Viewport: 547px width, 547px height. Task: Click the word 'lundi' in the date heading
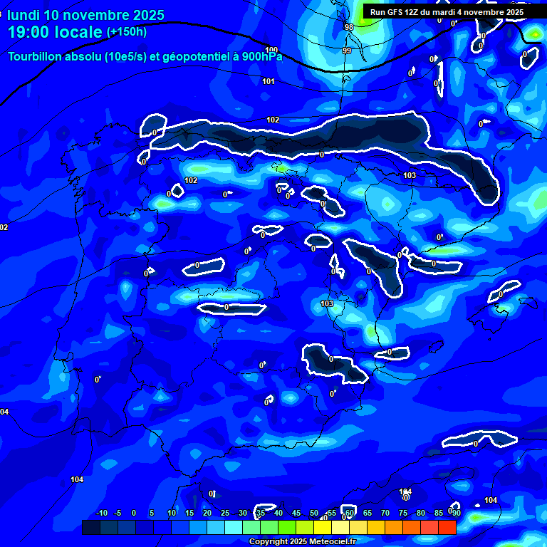pyautogui.click(x=24, y=15)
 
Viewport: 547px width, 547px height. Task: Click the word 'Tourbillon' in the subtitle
pyautogui.click(x=36, y=56)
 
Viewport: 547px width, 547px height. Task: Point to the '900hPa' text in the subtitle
pyautogui.click(x=261, y=56)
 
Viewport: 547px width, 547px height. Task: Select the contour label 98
pyautogui.click(x=348, y=27)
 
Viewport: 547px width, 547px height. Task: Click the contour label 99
pyautogui.click(x=347, y=51)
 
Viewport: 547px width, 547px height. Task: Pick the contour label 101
pyautogui.click(x=269, y=81)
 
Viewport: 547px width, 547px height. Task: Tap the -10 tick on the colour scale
pyautogui.click(x=101, y=514)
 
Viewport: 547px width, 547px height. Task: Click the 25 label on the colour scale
pyautogui.click(x=225, y=514)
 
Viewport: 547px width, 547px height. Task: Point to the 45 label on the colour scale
pyautogui.click(x=296, y=514)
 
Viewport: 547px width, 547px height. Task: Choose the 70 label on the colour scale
pyautogui.click(x=385, y=514)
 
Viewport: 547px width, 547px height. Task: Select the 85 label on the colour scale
pyautogui.click(x=439, y=514)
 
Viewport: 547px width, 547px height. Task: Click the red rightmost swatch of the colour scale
pyautogui.click(x=447, y=527)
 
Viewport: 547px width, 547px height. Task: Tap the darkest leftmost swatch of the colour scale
pyautogui.click(x=90, y=527)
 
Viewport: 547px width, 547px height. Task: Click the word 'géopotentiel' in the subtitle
pyautogui.click(x=182, y=56)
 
